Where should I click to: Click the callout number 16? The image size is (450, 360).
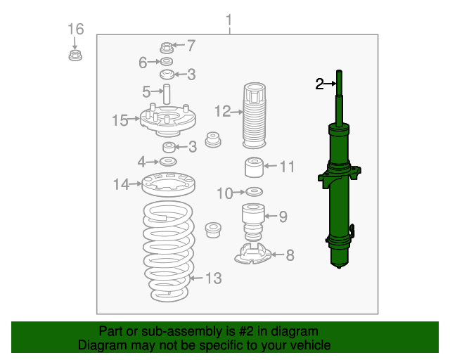tap(75, 29)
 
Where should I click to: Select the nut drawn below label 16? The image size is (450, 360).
tap(75, 55)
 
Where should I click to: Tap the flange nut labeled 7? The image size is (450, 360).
tap(167, 48)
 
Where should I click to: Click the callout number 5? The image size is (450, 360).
tap(146, 91)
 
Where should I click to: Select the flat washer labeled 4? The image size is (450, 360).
tap(169, 162)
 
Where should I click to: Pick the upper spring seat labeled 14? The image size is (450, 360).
tap(167, 185)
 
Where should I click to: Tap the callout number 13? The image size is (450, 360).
tap(213, 279)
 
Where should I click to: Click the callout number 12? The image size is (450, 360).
tap(222, 111)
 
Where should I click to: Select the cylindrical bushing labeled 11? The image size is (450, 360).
tap(253, 168)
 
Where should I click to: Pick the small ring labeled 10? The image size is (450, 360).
tap(254, 191)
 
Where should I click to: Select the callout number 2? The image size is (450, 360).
tap(320, 84)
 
